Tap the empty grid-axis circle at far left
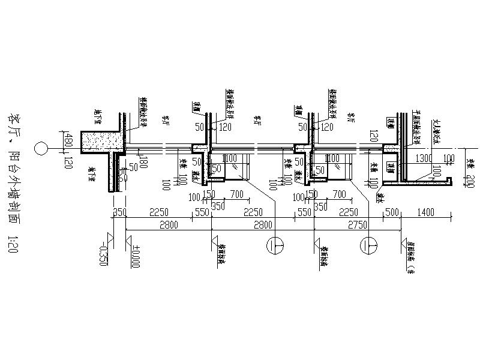tap(41, 148)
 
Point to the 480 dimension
tap(70, 139)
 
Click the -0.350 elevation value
tap(104, 256)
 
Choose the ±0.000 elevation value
tap(136, 256)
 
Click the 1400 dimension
tap(427, 212)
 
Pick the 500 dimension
tap(392, 212)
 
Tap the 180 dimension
tap(143, 163)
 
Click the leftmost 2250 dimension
tap(159, 212)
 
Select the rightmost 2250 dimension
tap(349, 212)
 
